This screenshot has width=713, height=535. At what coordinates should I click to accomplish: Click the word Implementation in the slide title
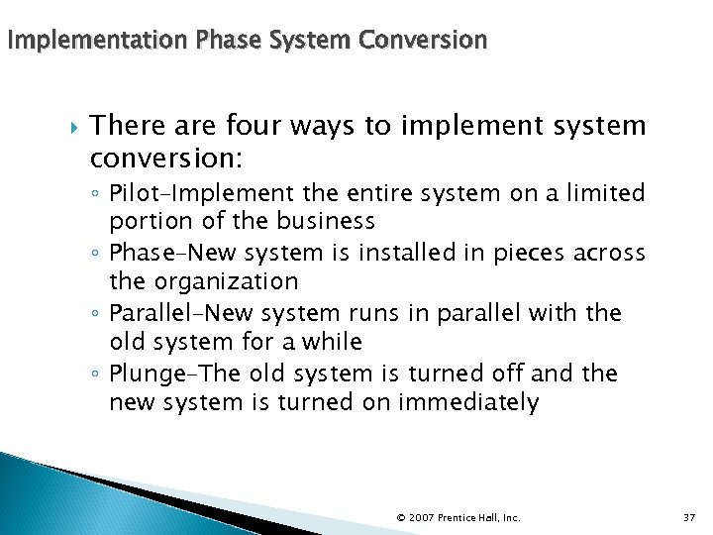97,41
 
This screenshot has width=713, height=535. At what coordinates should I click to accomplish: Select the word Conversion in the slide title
423,41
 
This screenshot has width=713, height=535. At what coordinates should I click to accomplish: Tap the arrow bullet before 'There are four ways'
68,126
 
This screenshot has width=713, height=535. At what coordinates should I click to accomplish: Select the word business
327,221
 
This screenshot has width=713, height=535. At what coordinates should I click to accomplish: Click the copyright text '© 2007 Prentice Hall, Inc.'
458,517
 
